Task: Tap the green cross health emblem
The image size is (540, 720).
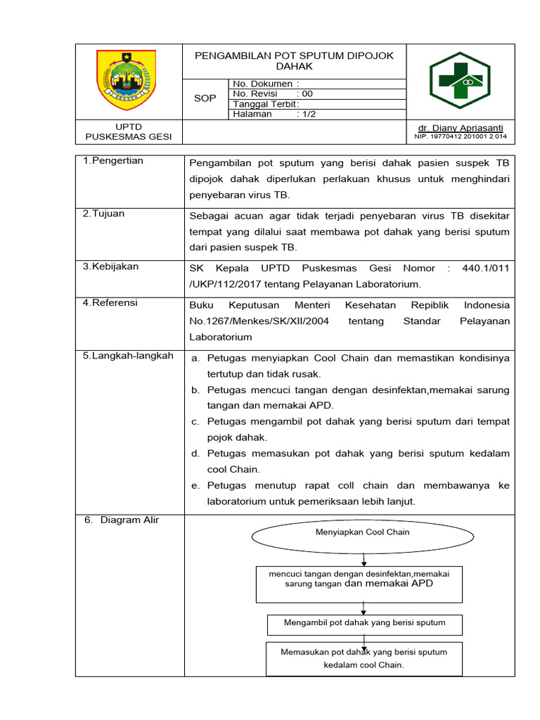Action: pyautogui.click(x=461, y=80)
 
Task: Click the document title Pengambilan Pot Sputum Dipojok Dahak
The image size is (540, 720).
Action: pyautogui.click(x=295, y=61)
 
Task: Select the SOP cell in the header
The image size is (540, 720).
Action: pyautogui.click(x=205, y=99)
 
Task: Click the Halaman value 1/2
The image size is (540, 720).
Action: pyautogui.click(x=307, y=114)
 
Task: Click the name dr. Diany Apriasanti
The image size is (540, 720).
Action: pyautogui.click(x=461, y=127)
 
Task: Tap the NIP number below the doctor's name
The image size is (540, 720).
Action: pyautogui.click(x=461, y=136)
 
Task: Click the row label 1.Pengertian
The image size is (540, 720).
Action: pyautogui.click(x=113, y=161)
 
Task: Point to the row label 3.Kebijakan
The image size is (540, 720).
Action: pyautogui.click(x=111, y=266)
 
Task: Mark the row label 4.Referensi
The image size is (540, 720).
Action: pyautogui.click(x=110, y=303)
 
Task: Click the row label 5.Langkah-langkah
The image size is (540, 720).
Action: pyautogui.click(x=128, y=356)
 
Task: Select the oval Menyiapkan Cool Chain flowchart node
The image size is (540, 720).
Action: pyautogui.click(x=363, y=532)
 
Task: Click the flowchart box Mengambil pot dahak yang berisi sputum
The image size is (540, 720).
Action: pyautogui.click(x=364, y=623)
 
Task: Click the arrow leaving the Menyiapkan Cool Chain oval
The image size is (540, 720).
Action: pyautogui.click(x=364, y=559)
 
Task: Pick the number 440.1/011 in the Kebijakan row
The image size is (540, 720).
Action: pyautogui.click(x=486, y=268)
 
